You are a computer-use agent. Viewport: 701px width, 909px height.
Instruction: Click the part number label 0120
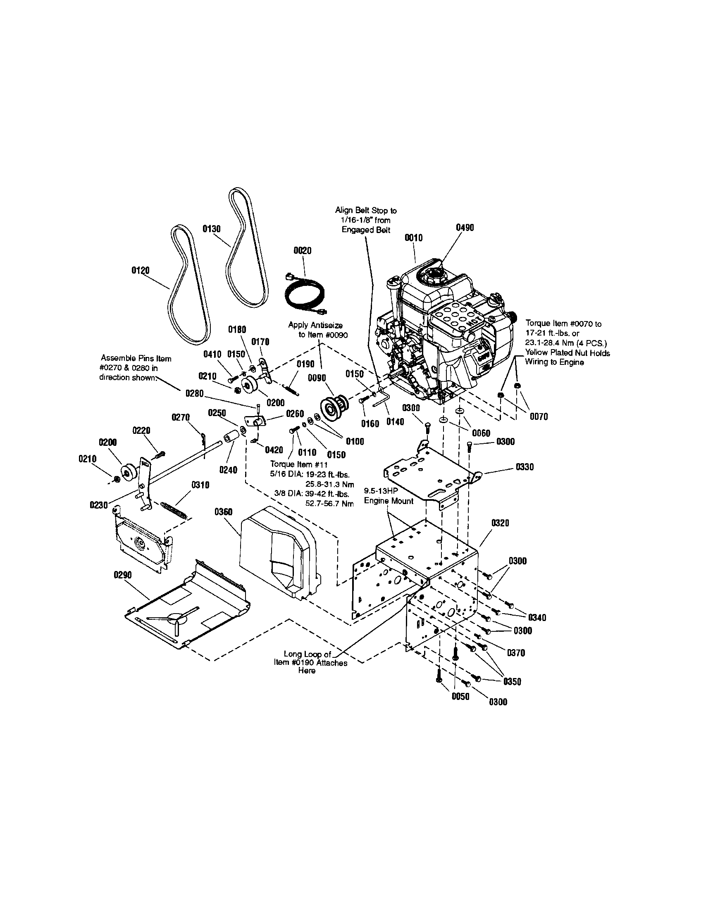140,271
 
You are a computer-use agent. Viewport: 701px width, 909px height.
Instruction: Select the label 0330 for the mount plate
525,467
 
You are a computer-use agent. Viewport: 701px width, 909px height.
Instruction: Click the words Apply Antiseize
315,325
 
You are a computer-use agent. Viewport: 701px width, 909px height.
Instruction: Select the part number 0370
516,653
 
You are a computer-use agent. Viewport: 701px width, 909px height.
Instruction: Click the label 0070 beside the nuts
539,416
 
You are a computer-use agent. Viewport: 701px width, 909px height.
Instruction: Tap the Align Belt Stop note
365,220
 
